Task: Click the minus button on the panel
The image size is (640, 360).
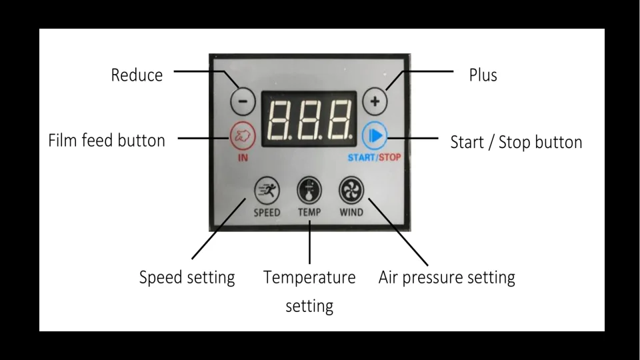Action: coord(243,102)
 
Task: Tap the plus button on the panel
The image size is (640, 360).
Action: coord(375,102)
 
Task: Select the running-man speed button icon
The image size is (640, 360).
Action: coord(267,191)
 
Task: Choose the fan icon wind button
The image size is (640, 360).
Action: coord(351,191)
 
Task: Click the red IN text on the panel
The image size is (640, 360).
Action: coord(243,158)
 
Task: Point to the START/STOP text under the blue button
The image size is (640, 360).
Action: coord(375,158)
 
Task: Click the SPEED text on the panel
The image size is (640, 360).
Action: coord(267,213)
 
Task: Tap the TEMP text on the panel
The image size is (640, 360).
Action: coord(309,213)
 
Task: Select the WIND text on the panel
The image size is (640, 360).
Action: coord(351,213)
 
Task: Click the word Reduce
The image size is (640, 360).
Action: coord(137,75)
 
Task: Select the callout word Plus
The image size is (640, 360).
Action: coord(483,75)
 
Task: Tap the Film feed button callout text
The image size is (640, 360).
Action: coord(107,141)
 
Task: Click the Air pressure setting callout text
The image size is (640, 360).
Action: coord(447,277)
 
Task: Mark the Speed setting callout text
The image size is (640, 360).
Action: coord(187,277)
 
